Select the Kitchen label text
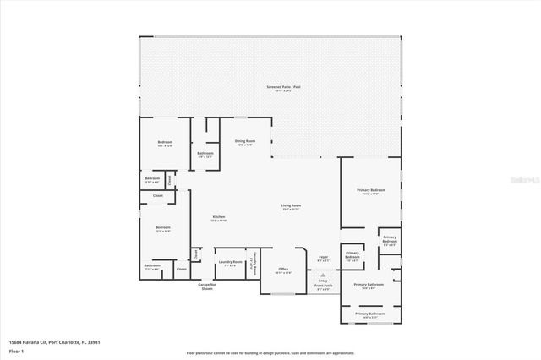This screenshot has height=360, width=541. click(x=218, y=218)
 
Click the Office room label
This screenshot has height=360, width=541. click(x=283, y=270)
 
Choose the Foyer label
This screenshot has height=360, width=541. click(x=323, y=258)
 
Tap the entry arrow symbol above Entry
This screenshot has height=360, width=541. click(x=322, y=275)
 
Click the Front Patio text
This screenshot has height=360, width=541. click(x=325, y=286)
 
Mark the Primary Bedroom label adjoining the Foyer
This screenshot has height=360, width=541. click(x=352, y=257)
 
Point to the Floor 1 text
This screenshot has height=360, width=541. click(x=17, y=350)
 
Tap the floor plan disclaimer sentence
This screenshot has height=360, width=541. click(x=270, y=353)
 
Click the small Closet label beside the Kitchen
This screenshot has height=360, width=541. click(x=196, y=254)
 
